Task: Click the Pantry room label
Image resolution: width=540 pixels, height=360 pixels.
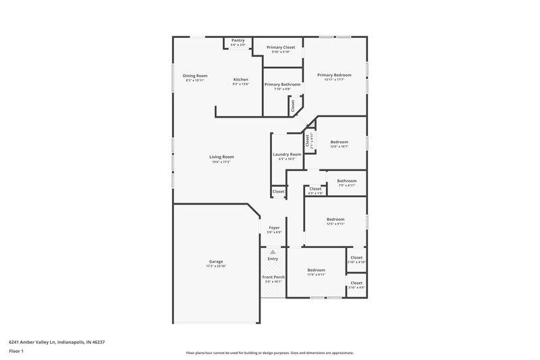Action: pos(238,41)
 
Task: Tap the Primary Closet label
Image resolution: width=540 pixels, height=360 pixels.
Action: pos(280,47)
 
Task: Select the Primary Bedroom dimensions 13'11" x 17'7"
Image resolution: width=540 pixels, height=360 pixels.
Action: pos(334,80)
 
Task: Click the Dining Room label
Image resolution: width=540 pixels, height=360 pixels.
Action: pos(195,76)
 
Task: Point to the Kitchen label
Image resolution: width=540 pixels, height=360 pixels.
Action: pos(241,79)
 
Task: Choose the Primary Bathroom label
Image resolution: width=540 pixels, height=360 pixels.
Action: pos(282,84)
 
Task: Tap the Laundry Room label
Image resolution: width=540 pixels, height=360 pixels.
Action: pos(287,154)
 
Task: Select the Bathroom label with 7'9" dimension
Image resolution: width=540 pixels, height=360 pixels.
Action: pos(347,180)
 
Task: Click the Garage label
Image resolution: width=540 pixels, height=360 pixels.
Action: pos(215,261)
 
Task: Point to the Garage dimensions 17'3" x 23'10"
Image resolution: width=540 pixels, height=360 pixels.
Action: pos(215,266)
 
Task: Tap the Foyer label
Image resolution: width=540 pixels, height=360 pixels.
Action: pos(274,228)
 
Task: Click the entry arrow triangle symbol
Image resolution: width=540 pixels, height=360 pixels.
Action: pos(273,251)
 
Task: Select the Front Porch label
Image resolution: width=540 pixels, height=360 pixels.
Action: pos(273,277)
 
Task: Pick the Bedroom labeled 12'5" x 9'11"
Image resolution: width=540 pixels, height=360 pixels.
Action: pos(335,219)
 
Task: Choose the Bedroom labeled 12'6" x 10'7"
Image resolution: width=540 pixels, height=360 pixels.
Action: pos(339,141)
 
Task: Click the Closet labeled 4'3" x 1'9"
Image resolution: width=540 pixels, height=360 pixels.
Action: pos(315,189)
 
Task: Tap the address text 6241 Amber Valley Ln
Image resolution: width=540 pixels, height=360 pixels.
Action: pos(56,342)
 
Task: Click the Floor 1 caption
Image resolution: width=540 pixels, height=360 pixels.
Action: pos(16,352)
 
